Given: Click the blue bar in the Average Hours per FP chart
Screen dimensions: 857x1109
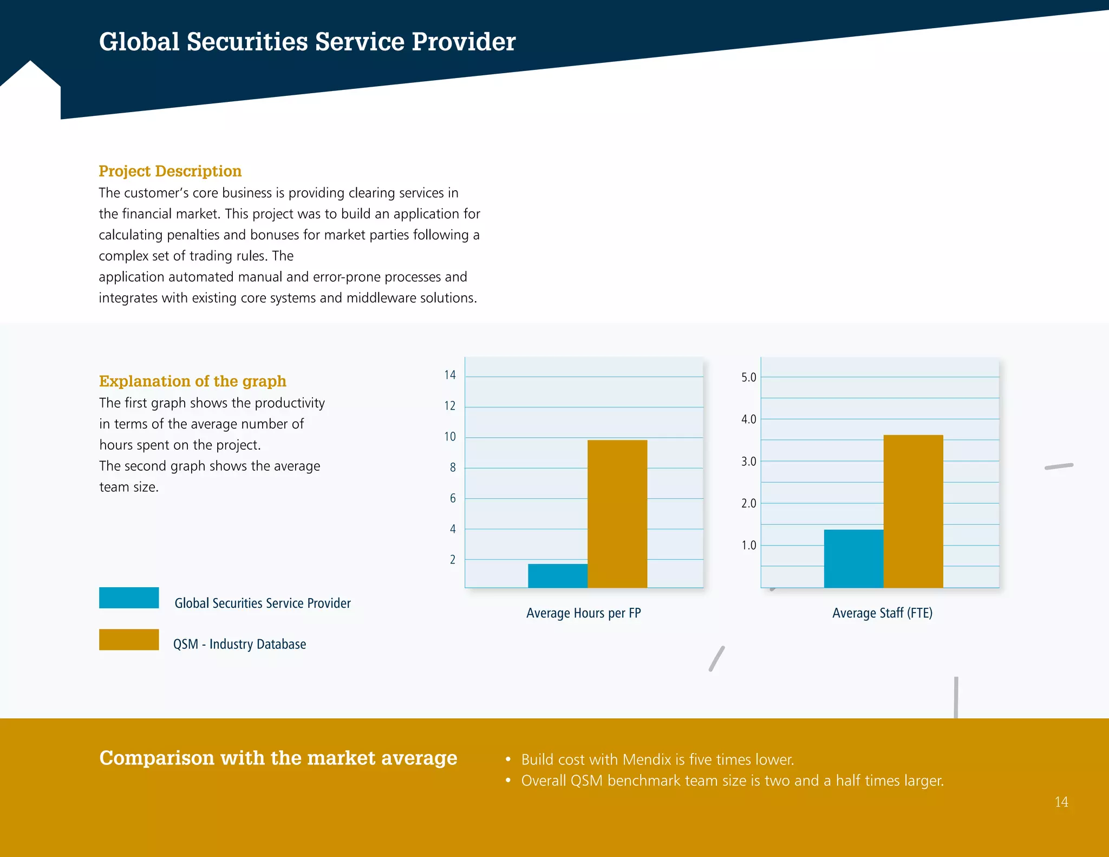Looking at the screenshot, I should (557, 575).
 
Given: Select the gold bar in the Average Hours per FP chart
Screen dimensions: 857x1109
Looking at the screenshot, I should (617, 514).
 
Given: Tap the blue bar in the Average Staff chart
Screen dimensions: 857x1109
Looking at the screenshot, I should (853, 558).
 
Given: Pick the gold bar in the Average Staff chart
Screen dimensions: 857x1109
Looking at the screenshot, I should (913, 511).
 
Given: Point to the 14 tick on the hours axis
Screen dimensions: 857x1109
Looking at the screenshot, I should (450, 375).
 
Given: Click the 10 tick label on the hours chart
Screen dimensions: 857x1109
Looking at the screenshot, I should (450, 437).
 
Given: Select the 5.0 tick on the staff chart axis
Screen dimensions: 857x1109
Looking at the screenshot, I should (748, 377).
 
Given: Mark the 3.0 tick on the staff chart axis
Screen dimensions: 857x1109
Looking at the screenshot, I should (748, 462).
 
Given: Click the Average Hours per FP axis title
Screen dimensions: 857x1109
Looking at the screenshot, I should (583, 613).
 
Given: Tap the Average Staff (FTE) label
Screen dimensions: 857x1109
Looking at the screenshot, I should (882, 613).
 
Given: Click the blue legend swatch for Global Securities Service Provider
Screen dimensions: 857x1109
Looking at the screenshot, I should (129, 598).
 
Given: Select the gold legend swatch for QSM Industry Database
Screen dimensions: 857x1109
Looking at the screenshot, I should (129, 639).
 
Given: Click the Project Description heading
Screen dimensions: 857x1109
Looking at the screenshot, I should (170, 171).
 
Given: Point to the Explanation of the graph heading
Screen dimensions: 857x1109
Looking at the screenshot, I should (192, 381).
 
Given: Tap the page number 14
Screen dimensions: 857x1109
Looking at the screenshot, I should (1061, 802).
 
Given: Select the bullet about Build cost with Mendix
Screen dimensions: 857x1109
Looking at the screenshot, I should (657, 759).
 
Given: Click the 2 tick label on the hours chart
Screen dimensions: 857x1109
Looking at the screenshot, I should (453, 560).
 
